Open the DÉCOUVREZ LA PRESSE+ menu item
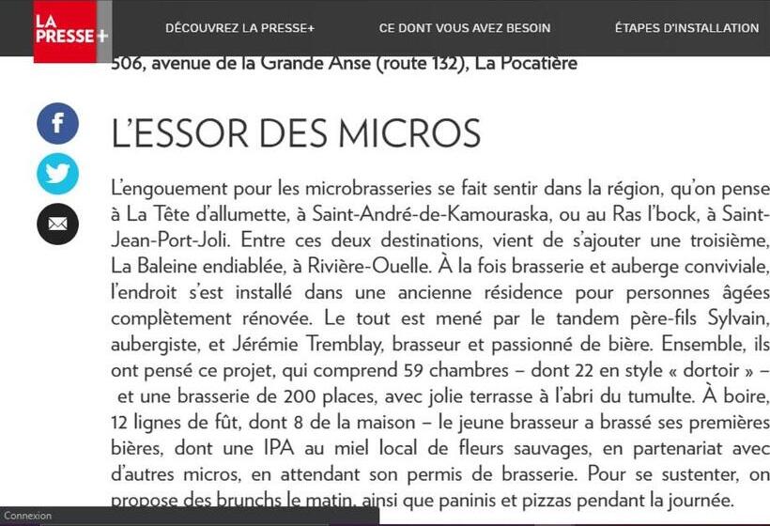(239, 28)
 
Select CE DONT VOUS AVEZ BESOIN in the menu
(465, 28)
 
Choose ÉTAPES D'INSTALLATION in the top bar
(686, 28)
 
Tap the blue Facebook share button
(57, 123)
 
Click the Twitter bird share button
(57, 174)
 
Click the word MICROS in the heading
(409, 133)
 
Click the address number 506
(128, 65)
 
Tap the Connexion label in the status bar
(28, 516)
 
